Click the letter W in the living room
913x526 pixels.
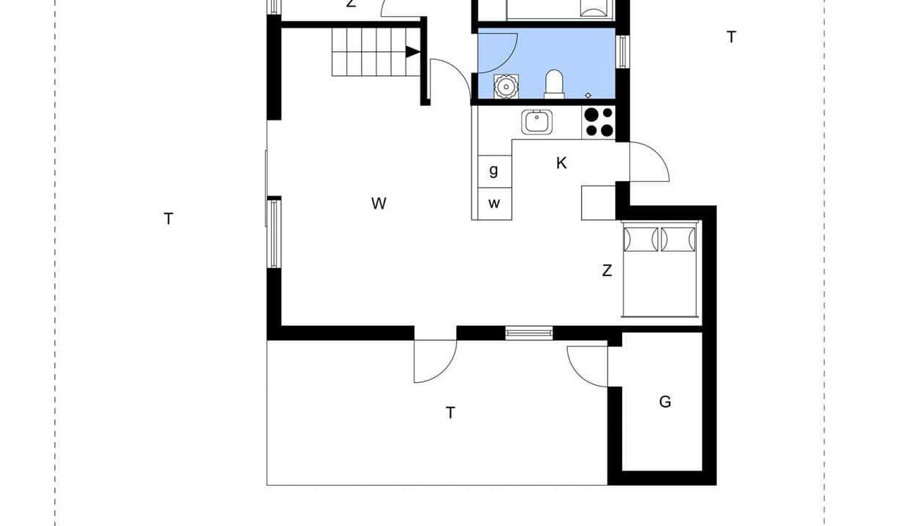tap(379, 203)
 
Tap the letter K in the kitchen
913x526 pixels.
tap(561, 163)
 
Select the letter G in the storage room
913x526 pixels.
tap(664, 402)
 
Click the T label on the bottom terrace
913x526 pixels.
tap(450, 413)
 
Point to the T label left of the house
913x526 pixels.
tap(168, 218)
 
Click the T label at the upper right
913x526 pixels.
tap(731, 37)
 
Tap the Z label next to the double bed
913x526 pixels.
tap(607, 270)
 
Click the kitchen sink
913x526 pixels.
tap(537, 122)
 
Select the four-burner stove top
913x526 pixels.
tap(599, 121)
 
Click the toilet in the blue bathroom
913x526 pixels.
tap(554, 84)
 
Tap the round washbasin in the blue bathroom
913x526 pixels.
tap(507, 86)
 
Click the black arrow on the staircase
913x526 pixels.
tap(413, 52)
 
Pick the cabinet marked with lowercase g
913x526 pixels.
tap(494, 171)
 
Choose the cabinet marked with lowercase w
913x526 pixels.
tap(494, 204)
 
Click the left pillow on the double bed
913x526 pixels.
tap(641, 239)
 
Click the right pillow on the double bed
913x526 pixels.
tap(678, 239)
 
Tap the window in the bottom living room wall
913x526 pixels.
tap(529, 333)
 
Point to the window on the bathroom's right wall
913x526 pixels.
tap(622, 52)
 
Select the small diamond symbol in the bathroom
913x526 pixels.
tap(588, 96)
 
